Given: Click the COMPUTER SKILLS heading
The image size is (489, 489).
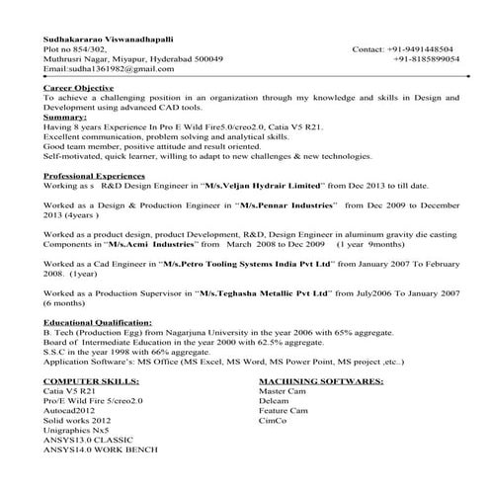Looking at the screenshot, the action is point(88,379).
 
